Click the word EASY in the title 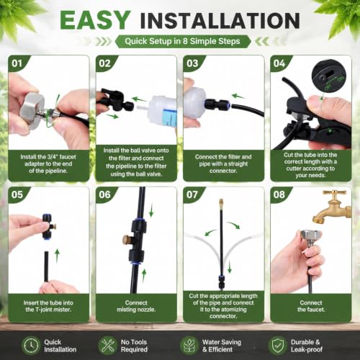tap(95, 20)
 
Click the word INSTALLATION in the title tap(220, 21)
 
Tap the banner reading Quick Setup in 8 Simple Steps tap(182, 41)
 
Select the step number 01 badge tap(17, 63)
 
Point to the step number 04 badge tap(279, 63)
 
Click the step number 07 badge tap(192, 194)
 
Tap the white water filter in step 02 tap(163, 113)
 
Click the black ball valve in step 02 tap(114, 100)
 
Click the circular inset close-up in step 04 tap(329, 76)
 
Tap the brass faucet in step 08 tap(333, 207)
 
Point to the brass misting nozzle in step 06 tap(127, 240)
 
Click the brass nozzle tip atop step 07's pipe tap(221, 204)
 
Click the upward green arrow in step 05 tap(57, 256)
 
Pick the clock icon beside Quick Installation tap(31, 346)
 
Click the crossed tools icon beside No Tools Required tap(107, 346)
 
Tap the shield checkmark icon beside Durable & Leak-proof tap(277, 346)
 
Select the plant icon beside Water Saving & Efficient tap(189, 346)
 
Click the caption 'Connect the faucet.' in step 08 tap(311, 306)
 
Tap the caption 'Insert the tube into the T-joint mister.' tap(48, 306)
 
